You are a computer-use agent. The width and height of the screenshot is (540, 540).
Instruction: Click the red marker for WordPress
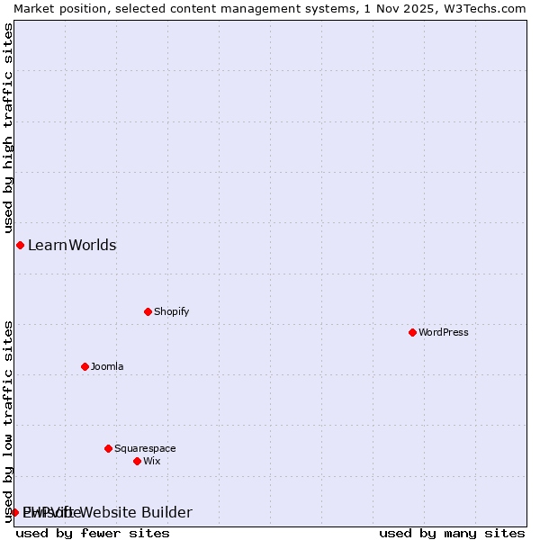click(412, 332)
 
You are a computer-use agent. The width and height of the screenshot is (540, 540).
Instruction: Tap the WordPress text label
click(443, 332)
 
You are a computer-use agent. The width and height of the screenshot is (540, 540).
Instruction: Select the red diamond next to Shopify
click(148, 311)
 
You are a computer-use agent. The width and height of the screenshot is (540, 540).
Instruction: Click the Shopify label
click(171, 311)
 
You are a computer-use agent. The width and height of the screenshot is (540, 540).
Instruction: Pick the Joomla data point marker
click(85, 366)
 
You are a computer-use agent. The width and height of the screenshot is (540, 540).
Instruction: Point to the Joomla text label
click(107, 366)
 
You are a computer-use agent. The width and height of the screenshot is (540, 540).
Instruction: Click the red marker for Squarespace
click(108, 448)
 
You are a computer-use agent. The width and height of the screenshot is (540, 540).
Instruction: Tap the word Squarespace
click(145, 448)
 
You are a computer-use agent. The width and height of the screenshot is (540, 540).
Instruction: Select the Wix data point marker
click(137, 461)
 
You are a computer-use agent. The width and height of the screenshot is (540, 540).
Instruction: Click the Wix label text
click(151, 461)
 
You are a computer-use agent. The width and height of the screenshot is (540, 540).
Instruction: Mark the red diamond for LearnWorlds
click(20, 245)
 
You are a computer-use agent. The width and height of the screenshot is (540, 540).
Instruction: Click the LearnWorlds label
click(72, 245)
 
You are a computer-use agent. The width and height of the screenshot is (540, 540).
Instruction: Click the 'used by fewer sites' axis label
click(93, 533)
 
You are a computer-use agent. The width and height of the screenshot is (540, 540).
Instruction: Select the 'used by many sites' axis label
click(452, 533)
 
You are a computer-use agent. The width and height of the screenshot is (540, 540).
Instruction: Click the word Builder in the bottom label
click(166, 512)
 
